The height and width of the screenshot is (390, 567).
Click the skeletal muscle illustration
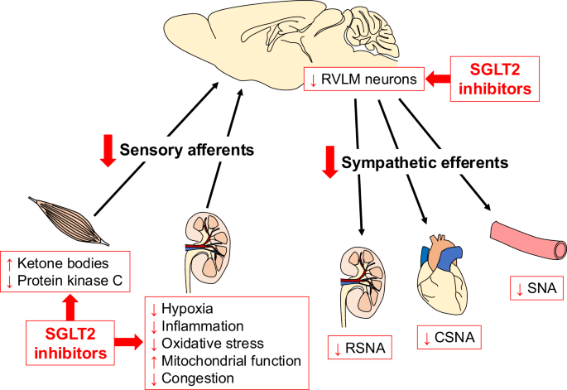tap(70, 219)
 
